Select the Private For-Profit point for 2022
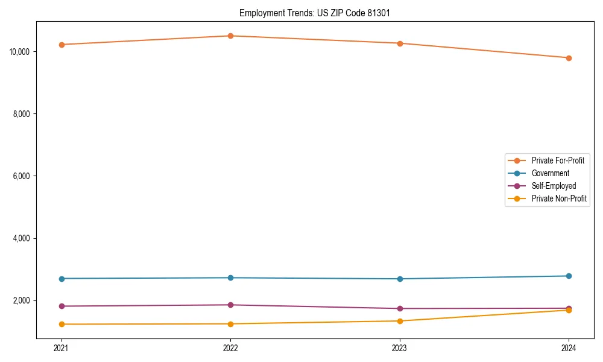230,36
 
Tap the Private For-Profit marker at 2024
569,58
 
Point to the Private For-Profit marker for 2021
62,45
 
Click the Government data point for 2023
400,279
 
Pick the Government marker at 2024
569,276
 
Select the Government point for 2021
62,278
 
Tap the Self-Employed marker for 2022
230,305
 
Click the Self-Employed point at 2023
400,308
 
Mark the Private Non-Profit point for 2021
62,324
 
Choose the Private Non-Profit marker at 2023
400,321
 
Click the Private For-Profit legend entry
558,160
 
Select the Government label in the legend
550,173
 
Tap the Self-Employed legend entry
554,186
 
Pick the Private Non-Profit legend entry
559,198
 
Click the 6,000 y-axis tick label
21,176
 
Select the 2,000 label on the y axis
21,300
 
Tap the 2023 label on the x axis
400,348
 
